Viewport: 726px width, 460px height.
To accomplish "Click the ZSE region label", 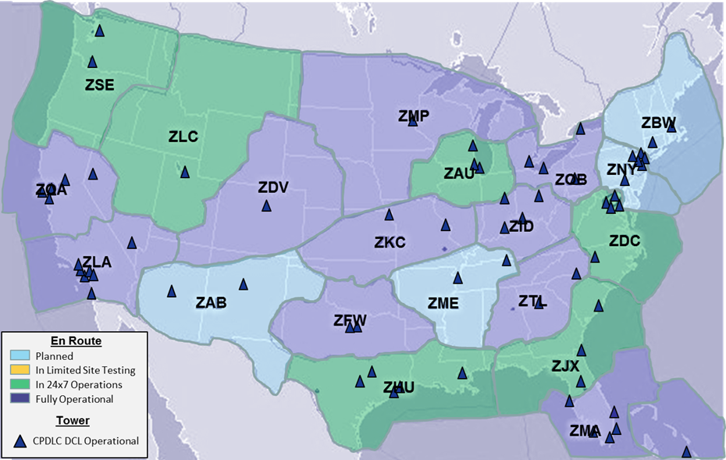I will (100, 85).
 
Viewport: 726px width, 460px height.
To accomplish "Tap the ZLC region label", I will (183, 136).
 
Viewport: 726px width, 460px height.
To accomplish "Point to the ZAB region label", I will (212, 302).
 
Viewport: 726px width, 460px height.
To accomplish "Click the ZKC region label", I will (390, 242).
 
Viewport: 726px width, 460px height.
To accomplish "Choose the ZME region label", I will (443, 303).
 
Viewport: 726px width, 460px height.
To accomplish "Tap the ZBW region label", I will (658, 123).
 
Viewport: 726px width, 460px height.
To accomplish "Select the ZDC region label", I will (625, 241).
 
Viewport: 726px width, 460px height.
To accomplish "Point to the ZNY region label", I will (622, 169).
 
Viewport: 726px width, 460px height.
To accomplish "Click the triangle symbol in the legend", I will (21, 441).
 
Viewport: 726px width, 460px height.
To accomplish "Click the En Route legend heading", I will (76, 341).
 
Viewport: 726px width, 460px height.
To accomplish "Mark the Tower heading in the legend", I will (73, 420).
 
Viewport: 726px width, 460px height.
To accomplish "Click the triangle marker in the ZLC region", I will (185, 172).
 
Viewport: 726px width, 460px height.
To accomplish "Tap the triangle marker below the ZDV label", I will (266, 205).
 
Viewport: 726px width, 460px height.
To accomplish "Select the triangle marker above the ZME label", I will (457, 278).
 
